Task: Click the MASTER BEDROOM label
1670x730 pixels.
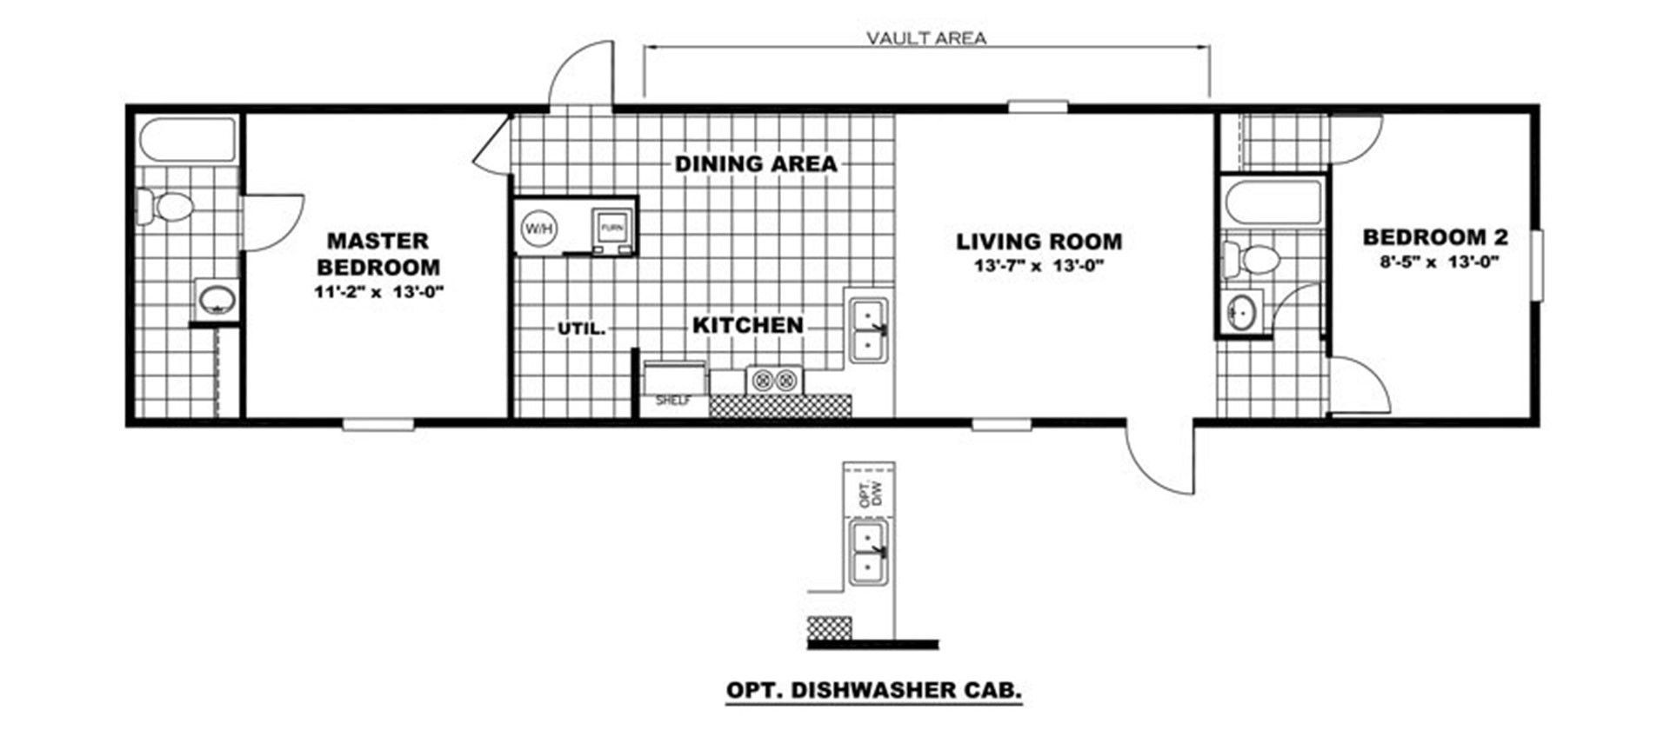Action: (378, 254)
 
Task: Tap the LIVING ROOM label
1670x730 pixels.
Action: (1039, 242)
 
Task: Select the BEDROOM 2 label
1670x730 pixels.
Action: (1435, 236)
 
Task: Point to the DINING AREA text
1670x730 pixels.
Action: (756, 163)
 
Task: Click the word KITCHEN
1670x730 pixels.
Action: (748, 325)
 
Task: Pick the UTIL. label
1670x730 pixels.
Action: (581, 329)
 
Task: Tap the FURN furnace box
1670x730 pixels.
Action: (612, 229)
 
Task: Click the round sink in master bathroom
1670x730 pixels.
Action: (216, 301)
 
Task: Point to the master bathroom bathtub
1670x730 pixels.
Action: (188, 140)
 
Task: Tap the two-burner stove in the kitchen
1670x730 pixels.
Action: (775, 380)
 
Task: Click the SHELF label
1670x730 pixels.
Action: (672, 401)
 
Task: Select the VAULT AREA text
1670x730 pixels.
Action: (926, 38)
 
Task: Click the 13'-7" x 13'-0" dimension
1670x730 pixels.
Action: (1039, 267)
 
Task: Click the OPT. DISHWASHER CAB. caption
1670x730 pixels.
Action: (874, 691)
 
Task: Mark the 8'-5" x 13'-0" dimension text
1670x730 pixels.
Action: (1436, 261)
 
